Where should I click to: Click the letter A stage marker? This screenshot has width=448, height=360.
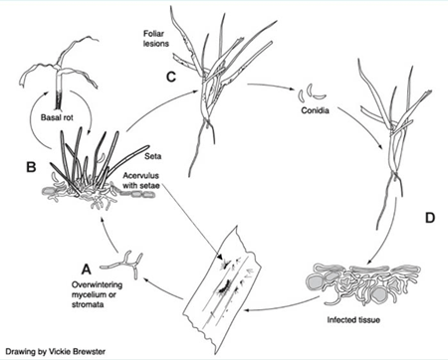[x=87, y=269]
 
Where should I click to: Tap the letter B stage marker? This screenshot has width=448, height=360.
[x=31, y=167]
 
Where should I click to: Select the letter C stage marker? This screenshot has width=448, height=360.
[x=170, y=77]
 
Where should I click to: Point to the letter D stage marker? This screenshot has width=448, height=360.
[x=430, y=218]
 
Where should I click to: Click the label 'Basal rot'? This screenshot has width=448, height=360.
[x=57, y=117]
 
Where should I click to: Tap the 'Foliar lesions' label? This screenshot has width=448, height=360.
[x=156, y=39]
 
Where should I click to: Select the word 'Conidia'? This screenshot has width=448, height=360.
[x=315, y=110]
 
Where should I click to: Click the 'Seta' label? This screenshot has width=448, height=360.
[x=153, y=156]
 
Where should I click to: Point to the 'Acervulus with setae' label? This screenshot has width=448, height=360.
[x=141, y=180]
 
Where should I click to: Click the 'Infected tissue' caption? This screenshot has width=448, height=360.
[x=353, y=320]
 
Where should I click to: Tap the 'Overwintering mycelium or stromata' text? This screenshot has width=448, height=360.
[x=97, y=294]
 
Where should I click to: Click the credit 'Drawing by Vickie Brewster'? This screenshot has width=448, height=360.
[x=55, y=351]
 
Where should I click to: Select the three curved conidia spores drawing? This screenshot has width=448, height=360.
[x=312, y=92]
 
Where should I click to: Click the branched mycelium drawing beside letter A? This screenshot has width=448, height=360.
[x=122, y=265]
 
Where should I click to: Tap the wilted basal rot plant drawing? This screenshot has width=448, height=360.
[x=60, y=73]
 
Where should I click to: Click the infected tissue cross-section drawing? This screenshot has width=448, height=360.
[x=362, y=284]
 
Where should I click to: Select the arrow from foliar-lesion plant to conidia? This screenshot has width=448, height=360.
[x=271, y=87]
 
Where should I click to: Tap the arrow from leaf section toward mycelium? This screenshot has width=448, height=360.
[x=162, y=287]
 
